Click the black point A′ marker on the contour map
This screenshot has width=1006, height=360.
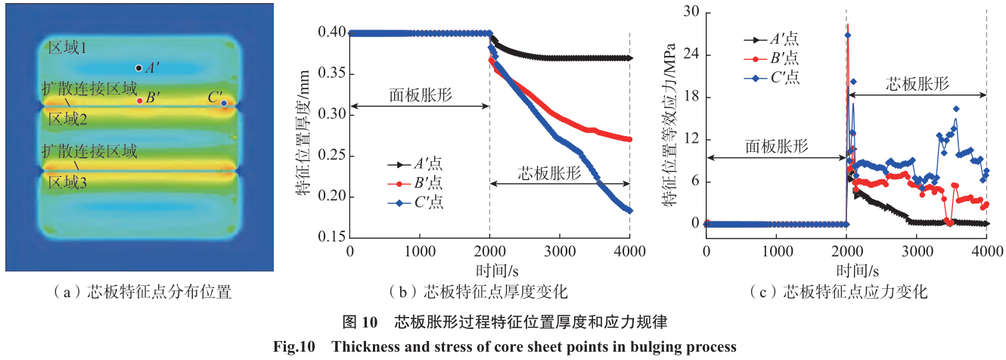pos(138,68)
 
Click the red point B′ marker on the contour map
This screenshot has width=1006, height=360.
pos(139,101)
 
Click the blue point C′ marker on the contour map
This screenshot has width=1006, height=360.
pos(224,104)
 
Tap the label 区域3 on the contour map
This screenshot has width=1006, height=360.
pos(68,183)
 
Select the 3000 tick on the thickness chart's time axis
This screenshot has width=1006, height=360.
pos(560,252)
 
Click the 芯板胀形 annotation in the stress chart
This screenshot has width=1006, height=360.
pos(918,83)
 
